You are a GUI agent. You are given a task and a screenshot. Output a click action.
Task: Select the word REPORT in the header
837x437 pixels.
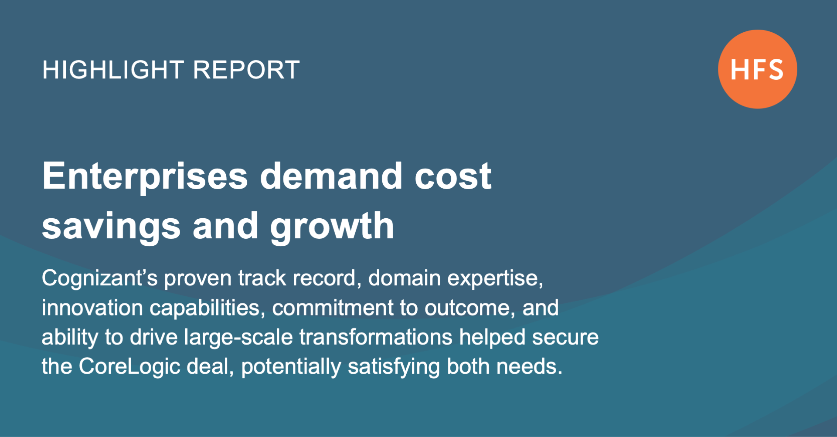coord(246,70)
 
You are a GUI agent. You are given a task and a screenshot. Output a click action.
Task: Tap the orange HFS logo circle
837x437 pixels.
coord(758,69)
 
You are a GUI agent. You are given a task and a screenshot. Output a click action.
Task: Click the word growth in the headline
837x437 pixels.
coord(332,227)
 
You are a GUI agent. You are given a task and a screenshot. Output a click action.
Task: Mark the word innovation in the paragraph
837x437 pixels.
coord(92,308)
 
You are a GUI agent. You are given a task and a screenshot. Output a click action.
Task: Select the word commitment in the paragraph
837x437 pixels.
coord(333,308)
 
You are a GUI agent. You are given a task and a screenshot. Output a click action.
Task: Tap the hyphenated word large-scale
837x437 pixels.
coord(238,338)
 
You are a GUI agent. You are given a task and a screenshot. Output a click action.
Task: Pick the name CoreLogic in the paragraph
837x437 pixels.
coord(129,367)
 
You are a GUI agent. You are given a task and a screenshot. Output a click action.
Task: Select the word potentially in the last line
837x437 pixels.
coord(291,367)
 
